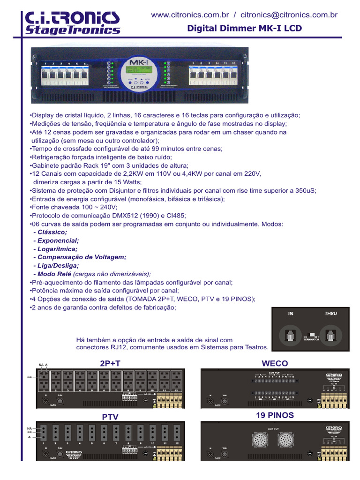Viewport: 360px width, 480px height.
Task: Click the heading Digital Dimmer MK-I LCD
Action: (x=244, y=29)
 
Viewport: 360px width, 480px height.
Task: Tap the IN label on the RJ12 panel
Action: (x=291, y=314)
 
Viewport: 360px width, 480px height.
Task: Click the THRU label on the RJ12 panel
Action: (x=330, y=314)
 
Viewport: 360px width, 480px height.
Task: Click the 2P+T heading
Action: (x=110, y=363)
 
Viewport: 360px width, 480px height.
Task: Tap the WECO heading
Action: (x=275, y=363)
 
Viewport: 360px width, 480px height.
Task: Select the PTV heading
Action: (x=110, y=417)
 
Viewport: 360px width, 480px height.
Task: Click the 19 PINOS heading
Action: (x=275, y=415)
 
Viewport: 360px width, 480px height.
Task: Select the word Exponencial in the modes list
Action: (x=58, y=240)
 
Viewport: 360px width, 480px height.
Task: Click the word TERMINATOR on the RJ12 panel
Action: (x=311, y=339)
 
